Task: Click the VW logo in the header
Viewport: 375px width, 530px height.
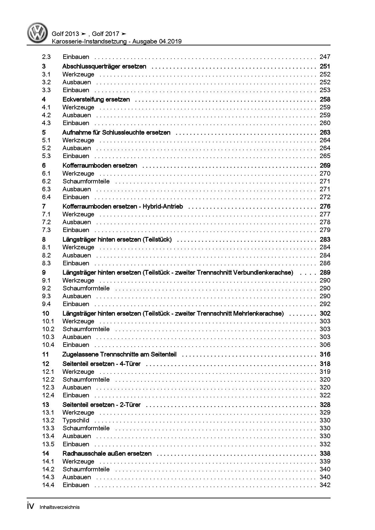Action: (x=37, y=33)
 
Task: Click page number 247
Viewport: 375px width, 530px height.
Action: (x=325, y=57)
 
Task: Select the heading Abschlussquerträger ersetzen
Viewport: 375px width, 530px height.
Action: (x=104, y=66)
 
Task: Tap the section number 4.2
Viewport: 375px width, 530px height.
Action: (x=46, y=115)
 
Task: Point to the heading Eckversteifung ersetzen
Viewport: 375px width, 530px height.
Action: (x=96, y=99)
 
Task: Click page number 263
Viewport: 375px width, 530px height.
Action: (x=325, y=132)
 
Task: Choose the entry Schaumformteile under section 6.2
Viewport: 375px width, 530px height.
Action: (x=86, y=181)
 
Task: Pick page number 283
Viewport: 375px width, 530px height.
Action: (x=325, y=239)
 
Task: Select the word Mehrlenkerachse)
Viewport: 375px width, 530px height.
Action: (x=259, y=313)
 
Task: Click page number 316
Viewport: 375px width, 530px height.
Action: (x=325, y=354)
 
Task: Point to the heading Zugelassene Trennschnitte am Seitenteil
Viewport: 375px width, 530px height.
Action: (x=119, y=354)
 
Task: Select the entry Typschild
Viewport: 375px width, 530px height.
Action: (x=76, y=420)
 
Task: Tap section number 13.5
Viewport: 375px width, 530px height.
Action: (x=48, y=444)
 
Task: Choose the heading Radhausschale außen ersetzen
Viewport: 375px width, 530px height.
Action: (x=107, y=454)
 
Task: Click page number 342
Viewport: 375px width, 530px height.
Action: (x=325, y=485)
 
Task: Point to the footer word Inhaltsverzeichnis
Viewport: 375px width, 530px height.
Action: (x=60, y=507)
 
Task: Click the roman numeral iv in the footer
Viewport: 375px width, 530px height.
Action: (x=31, y=506)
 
